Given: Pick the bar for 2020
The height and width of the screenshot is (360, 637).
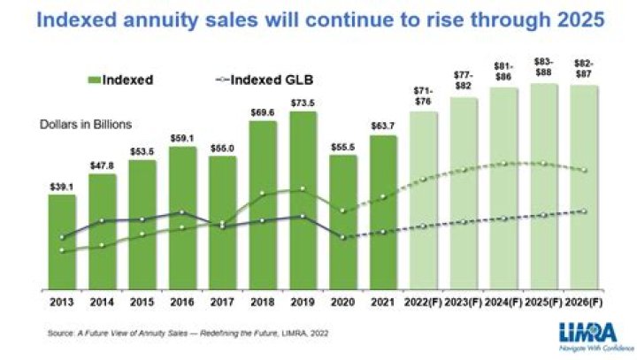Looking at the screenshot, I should (x=343, y=221).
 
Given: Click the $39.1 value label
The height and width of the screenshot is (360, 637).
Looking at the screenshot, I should (x=61, y=187).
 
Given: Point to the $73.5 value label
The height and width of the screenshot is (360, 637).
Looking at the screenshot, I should (x=303, y=103).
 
